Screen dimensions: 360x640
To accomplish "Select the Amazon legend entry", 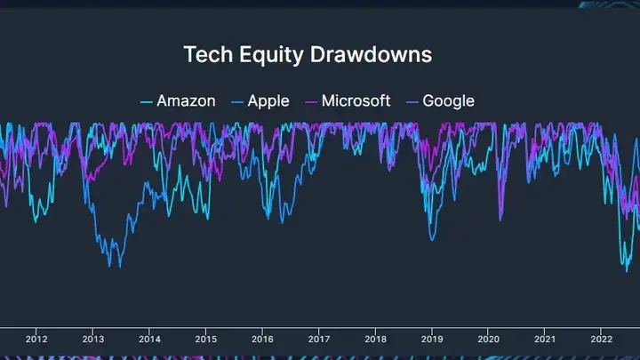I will coord(186,100).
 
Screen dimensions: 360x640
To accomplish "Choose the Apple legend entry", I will coord(268,100).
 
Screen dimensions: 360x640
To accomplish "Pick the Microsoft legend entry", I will coord(356,100).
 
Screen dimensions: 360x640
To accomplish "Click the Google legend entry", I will coord(448,100).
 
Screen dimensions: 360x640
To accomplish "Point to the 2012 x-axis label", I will coord(36,339).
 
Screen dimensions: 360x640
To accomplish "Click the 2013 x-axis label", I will coord(93,339).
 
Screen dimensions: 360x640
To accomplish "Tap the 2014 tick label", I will coord(149,339).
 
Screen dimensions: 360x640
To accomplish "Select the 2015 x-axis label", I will coord(206,339).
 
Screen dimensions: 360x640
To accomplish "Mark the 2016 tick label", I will coord(262,339).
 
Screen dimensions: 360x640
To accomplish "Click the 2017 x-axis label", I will coord(319,339).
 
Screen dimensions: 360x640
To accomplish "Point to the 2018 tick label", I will coord(376,339).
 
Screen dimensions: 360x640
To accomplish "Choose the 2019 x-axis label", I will coord(432,339).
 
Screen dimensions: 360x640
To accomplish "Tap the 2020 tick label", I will coord(489,339).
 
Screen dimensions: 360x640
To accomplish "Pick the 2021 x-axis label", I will coord(545,339).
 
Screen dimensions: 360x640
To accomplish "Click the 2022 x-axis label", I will coord(602,339).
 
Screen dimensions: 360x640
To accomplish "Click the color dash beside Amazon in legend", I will coord(147,101).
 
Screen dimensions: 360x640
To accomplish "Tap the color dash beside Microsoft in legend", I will coord(311,101).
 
